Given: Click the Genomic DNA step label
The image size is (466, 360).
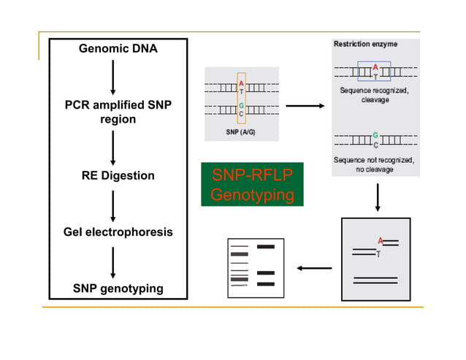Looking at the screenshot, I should (x=118, y=49).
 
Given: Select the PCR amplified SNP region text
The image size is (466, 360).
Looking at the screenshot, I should (x=118, y=112).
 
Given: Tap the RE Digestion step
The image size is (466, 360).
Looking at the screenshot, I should (x=118, y=176).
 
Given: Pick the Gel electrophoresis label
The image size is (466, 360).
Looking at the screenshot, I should (x=118, y=232).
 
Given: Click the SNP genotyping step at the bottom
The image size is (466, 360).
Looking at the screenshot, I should (x=118, y=288).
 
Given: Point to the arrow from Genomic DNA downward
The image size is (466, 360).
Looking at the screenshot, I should (x=113, y=77).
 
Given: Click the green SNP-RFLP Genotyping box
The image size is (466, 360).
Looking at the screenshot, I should (x=252, y=185).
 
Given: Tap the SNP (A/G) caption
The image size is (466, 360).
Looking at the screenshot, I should (x=241, y=132).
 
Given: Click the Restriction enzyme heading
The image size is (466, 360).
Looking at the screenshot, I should (x=366, y=44).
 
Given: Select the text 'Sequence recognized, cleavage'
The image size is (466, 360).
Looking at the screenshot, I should (x=375, y=94).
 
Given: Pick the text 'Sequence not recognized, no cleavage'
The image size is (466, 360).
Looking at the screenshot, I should (x=375, y=164).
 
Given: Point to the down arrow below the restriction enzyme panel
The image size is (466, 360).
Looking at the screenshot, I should (x=377, y=196).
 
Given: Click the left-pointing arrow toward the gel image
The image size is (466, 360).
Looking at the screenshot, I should (x=315, y=268).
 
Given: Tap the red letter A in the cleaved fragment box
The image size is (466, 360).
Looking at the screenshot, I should (x=380, y=240).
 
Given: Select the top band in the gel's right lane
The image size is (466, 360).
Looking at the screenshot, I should (x=265, y=247).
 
